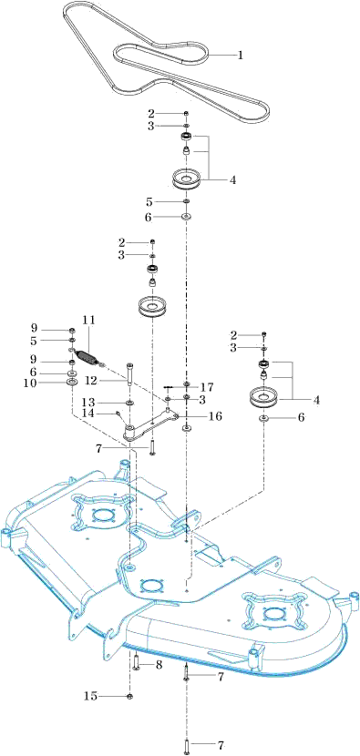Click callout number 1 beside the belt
tap(240, 55)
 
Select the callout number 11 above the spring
tap(88, 320)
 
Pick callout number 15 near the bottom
tap(90, 696)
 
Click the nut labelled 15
tap(129, 696)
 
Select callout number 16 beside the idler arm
tap(216, 416)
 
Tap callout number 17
tap(208, 387)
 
